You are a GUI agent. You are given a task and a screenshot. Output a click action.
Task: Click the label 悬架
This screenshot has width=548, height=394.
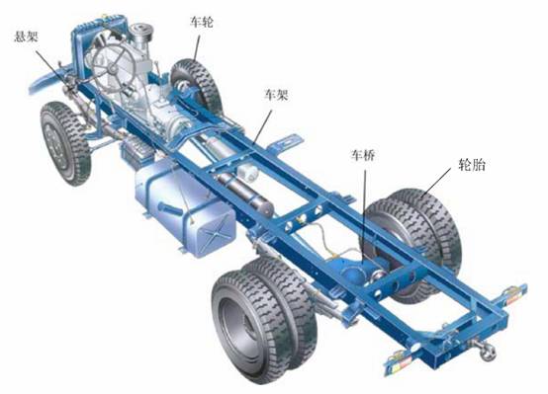tap(26, 37)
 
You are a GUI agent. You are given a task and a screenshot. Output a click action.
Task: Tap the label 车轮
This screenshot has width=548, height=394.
tap(202, 22)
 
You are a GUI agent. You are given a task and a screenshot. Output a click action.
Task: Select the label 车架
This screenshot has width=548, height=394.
tap(276, 95)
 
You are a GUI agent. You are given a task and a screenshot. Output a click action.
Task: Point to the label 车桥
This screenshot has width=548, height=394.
tap(363, 155)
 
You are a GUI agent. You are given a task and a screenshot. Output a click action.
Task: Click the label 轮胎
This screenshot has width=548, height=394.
tap(472, 164)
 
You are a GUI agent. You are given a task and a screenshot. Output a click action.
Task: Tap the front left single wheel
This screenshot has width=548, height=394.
tap(64, 143)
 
